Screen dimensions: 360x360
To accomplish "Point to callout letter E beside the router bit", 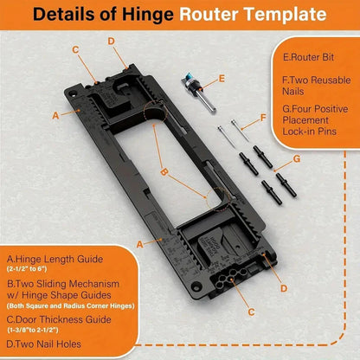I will (222, 78).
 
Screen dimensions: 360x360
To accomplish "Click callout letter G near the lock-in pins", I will (297, 159).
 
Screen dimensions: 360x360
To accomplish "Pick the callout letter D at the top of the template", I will (111, 41).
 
